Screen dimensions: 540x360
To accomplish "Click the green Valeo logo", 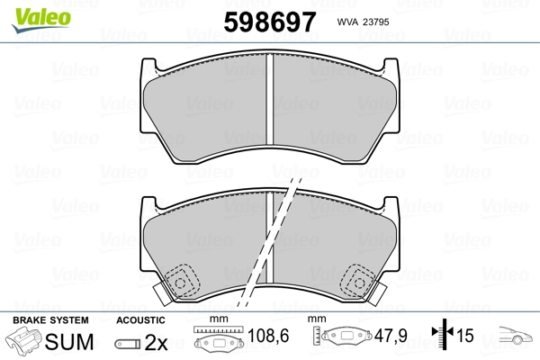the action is coord(41,20).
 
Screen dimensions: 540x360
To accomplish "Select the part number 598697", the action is coord(270,22).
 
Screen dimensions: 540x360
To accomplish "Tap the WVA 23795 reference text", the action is coord(363,22).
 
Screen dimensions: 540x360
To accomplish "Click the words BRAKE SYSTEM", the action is coord(50,320).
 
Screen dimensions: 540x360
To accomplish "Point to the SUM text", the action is coord(69,342).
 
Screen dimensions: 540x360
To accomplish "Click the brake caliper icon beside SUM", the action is coord(23,339).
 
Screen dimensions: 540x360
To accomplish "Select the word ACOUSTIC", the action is coord(140,320).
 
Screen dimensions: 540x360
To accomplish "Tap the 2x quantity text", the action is coord(156,342).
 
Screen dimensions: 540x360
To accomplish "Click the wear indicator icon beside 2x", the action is coord(128,344).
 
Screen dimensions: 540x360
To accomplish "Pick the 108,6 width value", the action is coord(268,336).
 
